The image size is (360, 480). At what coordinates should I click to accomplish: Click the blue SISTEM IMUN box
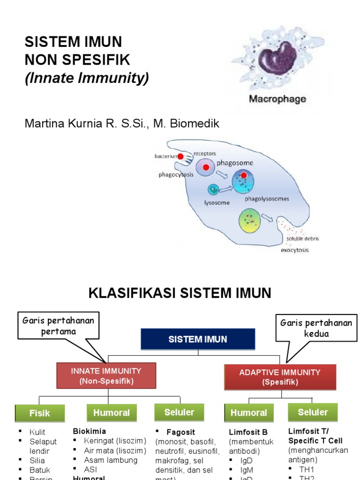click(x=198, y=339)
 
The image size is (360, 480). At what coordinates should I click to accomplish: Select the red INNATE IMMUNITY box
click(x=106, y=375)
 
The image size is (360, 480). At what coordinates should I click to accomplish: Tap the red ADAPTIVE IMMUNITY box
click(x=280, y=377)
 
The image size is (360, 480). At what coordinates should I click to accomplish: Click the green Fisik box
click(x=39, y=413)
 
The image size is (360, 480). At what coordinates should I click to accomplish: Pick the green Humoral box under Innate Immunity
click(x=112, y=412)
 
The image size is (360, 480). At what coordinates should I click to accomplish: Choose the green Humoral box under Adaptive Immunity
click(x=248, y=412)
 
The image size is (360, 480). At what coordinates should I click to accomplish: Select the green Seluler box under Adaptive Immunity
click(x=313, y=412)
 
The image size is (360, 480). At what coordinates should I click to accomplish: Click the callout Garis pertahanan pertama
click(x=59, y=326)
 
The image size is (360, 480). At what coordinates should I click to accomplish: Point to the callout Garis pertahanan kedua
click(x=315, y=328)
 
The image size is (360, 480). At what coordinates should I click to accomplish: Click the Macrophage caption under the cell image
click(x=277, y=99)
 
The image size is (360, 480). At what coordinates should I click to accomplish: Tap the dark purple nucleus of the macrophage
click(x=276, y=58)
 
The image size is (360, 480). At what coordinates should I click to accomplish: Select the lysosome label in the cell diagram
click(x=217, y=202)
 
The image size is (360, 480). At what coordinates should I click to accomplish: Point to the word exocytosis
click(x=294, y=250)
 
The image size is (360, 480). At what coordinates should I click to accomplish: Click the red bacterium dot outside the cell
click(x=180, y=157)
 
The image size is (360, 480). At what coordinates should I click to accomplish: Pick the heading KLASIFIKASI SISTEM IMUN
click(x=180, y=293)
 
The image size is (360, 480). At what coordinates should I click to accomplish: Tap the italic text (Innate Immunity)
click(x=87, y=78)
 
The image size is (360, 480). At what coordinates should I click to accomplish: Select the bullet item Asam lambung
click(x=111, y=460)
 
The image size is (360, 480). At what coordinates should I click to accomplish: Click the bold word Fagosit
click(x=180, y=432)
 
